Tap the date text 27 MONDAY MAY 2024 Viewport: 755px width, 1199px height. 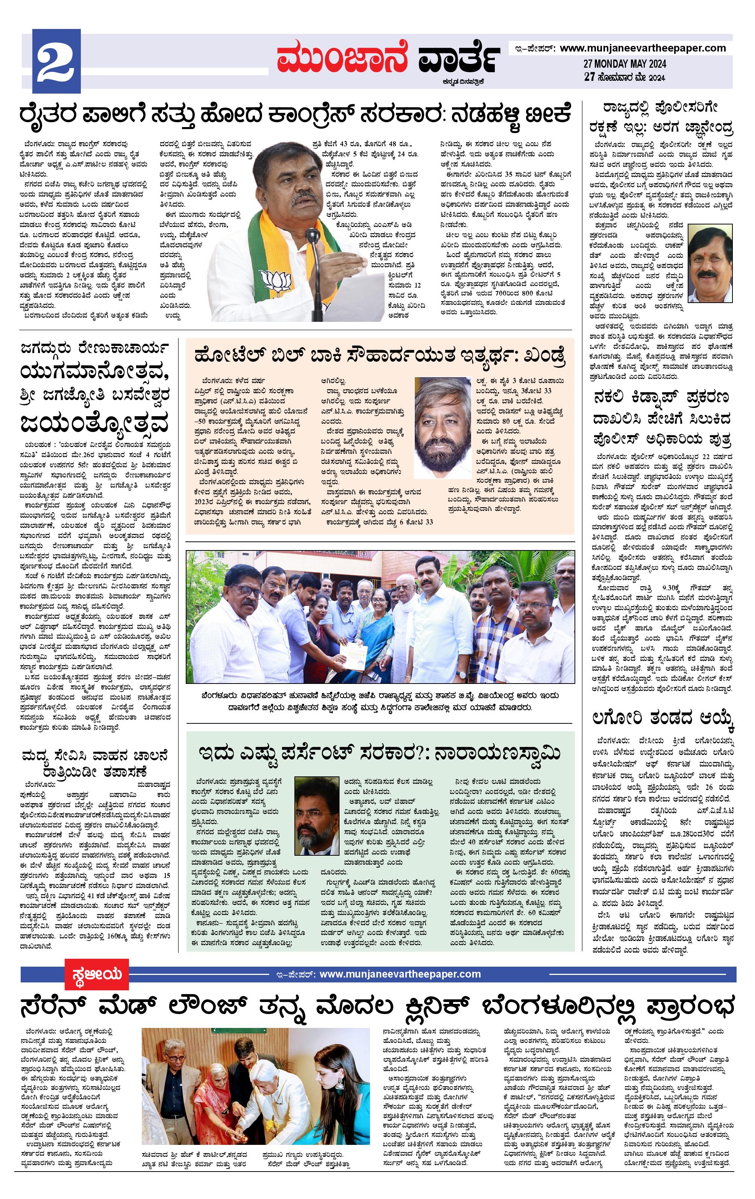(x=625, y=64)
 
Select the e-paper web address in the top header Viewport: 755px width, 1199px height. (x=643, y=48)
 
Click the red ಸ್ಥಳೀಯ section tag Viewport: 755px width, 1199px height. (x=95, y=974)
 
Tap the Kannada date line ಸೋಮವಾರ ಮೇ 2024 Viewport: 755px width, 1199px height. (x=631, y=77)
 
